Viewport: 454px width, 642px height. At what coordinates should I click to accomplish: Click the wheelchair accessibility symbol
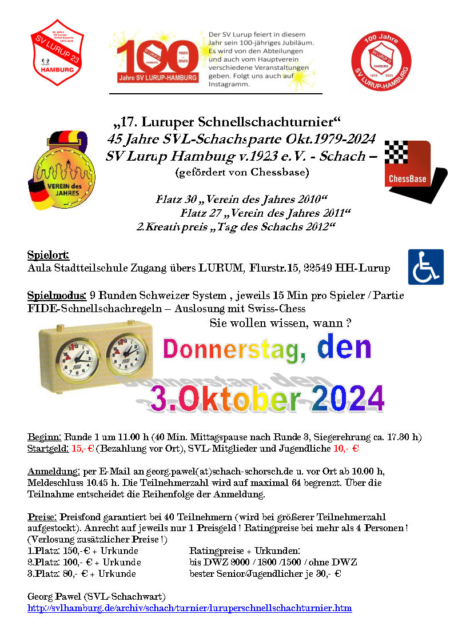(425, 267)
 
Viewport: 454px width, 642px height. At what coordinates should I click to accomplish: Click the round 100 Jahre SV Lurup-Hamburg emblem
(381, 60)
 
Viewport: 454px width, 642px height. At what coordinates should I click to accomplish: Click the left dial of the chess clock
(78, 361)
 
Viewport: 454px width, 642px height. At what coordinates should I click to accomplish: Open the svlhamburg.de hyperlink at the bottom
(189, 608)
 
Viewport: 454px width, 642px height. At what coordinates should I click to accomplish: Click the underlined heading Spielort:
(48, 255)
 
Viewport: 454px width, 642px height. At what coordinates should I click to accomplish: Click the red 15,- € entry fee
(82, 449)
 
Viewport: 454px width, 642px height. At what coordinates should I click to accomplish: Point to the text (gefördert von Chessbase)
(242, 172)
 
